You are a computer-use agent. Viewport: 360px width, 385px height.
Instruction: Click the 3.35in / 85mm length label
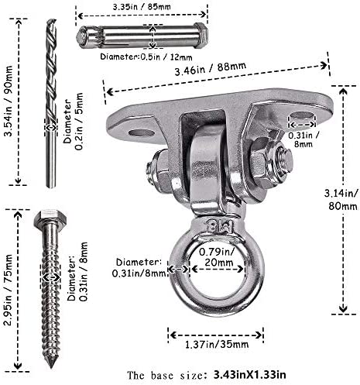pyautogui.click(x=142, y=6)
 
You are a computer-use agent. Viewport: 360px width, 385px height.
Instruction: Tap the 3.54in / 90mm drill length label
pyautogui.click(x=9, y=101)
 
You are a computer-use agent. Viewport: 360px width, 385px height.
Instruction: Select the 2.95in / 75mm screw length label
pyautogui.click(x=9, y=290)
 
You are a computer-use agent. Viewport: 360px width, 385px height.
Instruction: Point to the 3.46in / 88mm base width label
pyautogui.click(x=211, y=68)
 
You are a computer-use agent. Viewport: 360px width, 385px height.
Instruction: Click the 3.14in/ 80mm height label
pyautogui.click(x=342, y=200)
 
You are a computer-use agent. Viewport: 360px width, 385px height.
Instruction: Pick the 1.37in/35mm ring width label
pyautogui.click(x=217, y=344)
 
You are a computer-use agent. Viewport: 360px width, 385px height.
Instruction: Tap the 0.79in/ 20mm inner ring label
pyautogui.click(x=217, y=257)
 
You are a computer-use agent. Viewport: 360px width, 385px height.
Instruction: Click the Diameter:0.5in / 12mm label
pyautogui.click(x=146, y=57)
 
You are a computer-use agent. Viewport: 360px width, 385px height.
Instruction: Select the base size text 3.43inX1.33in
pyautogui.click(x=249, y=375)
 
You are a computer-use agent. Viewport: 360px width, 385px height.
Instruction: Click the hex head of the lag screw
pyautogui.click(x=50, y=217)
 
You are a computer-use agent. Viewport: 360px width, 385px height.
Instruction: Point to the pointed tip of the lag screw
pyautogui.click(x=52, y=366)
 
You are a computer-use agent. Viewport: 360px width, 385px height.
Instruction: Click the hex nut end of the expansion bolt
pyautogui.click(x=201, y=36)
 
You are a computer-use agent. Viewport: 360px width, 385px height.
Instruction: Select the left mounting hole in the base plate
pyautogui.click(x=142, y=133)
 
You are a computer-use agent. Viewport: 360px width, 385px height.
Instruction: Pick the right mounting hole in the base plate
pyautogui.click(x=301, y=115)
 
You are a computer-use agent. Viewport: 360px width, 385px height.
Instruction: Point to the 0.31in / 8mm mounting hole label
pyautogui.click(x=303, y=139)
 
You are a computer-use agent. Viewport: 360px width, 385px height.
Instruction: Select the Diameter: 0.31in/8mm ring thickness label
pyautogui.click(x=139, y=268)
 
